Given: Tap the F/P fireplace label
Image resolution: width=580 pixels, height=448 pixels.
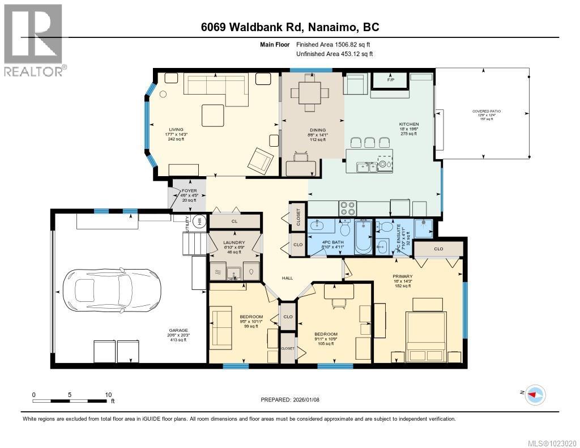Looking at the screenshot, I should pyautogui.click(x=390, y=80).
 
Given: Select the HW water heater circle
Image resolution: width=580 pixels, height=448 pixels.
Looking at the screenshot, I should pyautogui.click(x=199, y=221).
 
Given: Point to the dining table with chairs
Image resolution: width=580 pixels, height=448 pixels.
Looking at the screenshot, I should pyautogui.click(x=309, y=94).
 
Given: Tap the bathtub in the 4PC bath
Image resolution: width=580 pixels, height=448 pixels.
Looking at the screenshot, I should pyautogui.click(x=362, y=238).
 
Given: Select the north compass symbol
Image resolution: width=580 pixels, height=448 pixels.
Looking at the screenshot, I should pyautogui.click(x=535, y=395).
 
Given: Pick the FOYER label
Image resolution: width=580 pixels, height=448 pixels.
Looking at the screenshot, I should pyautogui.click(x=188, y=191).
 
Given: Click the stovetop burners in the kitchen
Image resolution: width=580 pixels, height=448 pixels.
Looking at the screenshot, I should pyautogui.click(x=347, y=209).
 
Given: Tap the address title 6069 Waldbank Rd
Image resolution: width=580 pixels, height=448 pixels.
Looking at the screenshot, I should pyautogui.click(x=290, y=27).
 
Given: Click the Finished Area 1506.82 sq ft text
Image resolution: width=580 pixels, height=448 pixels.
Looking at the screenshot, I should pyautogui.click(x=334, y=44).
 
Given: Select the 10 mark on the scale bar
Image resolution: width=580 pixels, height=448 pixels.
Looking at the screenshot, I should pyautogui.click(x=108, y=395).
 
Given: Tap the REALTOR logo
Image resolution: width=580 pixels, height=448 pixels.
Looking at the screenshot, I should pyautogui.click(x=33, y=40).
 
